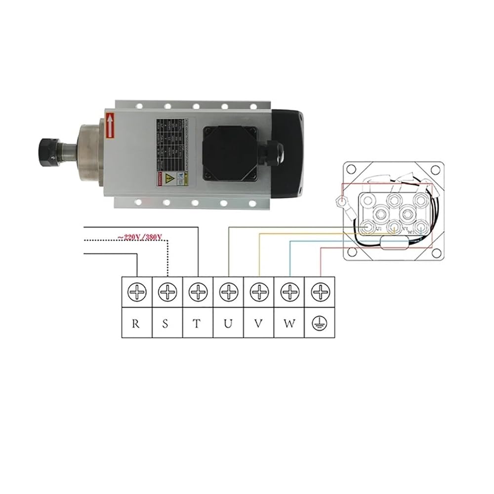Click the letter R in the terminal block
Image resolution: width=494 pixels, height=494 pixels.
pos(135,324)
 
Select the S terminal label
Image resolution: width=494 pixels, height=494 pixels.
pos(166,324)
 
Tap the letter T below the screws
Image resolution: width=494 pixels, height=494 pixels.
pos(197,324)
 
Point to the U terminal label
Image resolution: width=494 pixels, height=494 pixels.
pos(228,324)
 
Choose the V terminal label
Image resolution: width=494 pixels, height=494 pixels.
pos(258,324)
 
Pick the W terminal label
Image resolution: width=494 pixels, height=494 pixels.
pos(289,324)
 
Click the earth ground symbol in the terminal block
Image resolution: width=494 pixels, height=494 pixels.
pos(320,324)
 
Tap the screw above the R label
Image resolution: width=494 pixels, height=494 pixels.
pos(136,292)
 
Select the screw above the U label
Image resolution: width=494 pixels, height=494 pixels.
pos(228,292)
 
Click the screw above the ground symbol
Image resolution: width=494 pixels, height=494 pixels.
pos(320,292)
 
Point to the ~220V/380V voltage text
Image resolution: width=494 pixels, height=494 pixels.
pos(140,237)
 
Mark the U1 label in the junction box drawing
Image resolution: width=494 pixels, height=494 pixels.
pos(379,230)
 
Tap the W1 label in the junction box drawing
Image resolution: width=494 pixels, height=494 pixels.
pos(411,230)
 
